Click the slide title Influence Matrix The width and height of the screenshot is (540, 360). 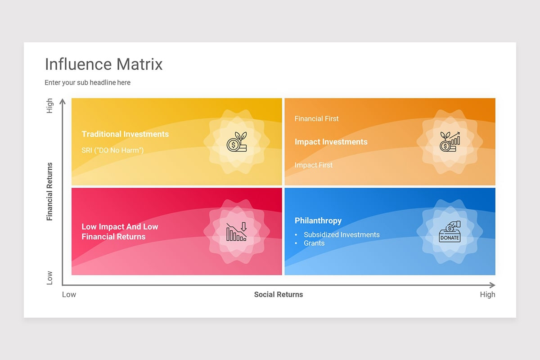(x=103, y=64)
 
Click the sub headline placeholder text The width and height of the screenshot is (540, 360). (x=87, y=83)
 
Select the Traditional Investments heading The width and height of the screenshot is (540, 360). (x=125, y=134)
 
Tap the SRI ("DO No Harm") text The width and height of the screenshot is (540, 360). (x=112, y=150)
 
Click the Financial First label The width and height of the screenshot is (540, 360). (x=316, y=119)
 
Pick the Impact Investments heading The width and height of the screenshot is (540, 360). (x=331, y=142)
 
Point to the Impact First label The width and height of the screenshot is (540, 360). (x=313, y=165)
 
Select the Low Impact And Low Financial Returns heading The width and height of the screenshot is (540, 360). (x=120, y=232)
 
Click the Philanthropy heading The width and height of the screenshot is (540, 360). (x=318, y=220)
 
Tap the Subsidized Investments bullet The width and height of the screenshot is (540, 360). (x=341, y=234)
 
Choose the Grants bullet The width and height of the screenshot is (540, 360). (x=314, y=243)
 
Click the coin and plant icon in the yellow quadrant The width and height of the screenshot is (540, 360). (x=237, y=142)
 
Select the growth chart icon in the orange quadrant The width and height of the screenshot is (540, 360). (x=450, y=142)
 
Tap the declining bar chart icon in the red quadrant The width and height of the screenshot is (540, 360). (x=237, y=232)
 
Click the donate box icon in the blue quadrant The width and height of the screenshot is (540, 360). (x=450, y=232)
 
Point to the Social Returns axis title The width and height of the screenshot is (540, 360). (x=278, y=295)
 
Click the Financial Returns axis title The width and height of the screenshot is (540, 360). (x=49, y=191)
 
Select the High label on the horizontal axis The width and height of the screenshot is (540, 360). (x=487, y=295)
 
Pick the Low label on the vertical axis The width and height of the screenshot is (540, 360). (x=49, y=278)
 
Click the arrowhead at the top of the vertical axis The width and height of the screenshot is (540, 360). (x=63, y=101)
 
